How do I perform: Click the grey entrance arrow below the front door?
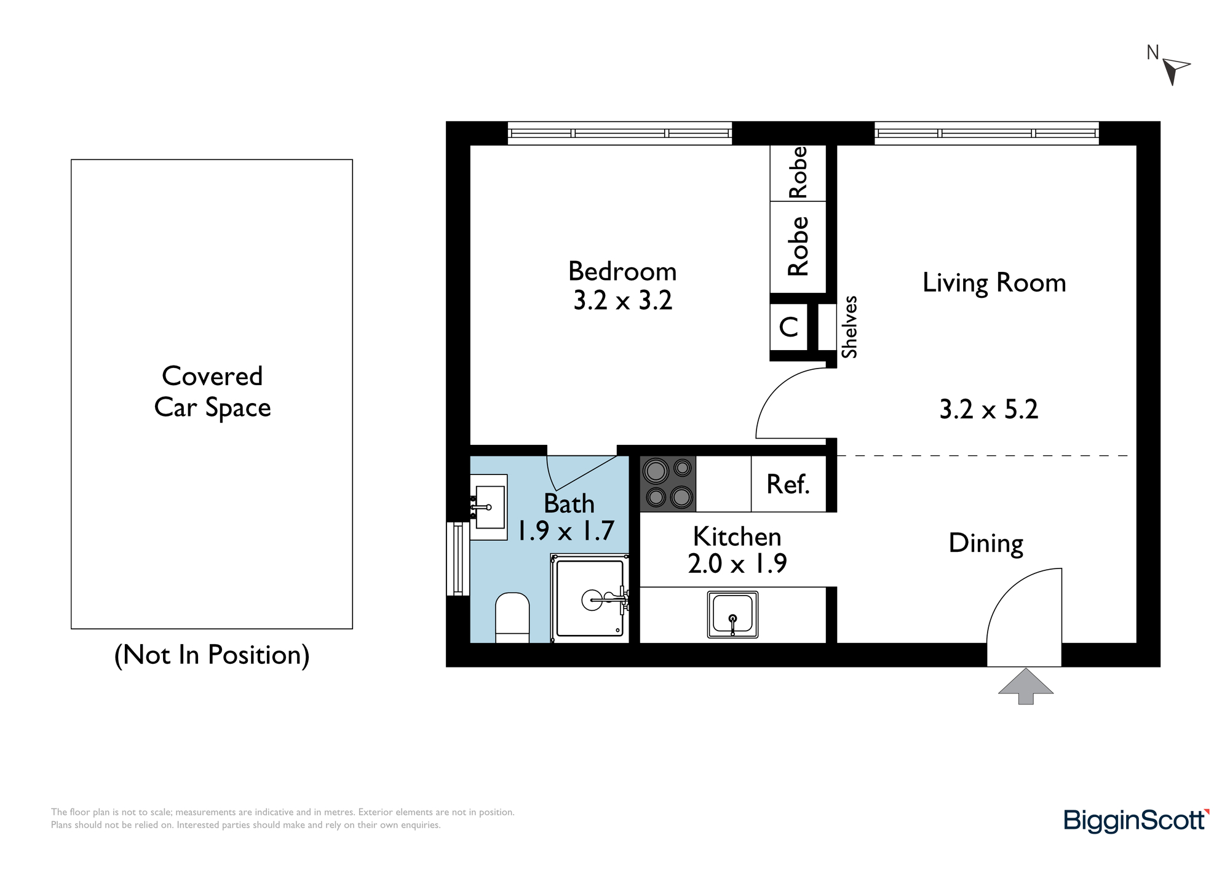click(1025, 685)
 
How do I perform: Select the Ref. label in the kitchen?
click(788, 484)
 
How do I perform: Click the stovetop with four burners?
click(668, 484)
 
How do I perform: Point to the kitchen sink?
click(732, 614)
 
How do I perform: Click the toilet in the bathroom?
click(512, 618)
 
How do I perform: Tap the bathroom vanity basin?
click(490, 507)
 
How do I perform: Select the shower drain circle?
click(592, 600)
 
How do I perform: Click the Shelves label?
click(849, 327)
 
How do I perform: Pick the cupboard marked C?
click(789, 327)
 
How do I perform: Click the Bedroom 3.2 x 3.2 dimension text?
click(622, 300)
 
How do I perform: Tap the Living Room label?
click(994, 283)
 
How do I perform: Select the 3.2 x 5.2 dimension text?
click(989, 409)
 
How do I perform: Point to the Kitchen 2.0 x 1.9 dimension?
click(737, 563)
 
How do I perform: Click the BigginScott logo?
click(1137, 821)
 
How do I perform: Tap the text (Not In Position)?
click(212, 655)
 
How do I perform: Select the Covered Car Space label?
click(212, 392)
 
